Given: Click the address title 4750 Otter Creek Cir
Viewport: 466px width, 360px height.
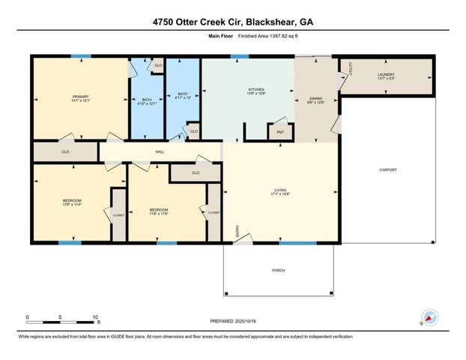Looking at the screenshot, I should point(233,22).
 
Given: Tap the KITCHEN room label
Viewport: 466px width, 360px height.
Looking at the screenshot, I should point(256,91).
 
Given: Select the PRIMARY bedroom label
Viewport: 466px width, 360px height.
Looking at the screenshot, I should point(80,98).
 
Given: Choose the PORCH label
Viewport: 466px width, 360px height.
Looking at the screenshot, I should point(278,271).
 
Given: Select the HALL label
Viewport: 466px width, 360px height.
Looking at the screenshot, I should point(159,151).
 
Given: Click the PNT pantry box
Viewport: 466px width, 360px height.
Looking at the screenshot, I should point(281,132).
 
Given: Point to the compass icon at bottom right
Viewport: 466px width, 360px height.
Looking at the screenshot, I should point(429,317).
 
